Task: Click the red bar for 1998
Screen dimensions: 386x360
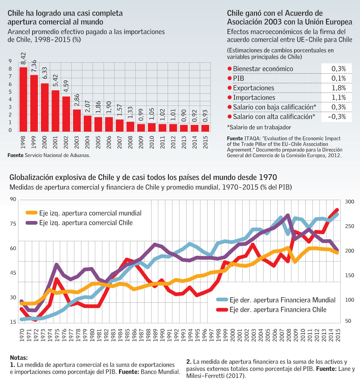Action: coord(23,99)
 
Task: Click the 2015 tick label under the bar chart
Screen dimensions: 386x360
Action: coord(205,142)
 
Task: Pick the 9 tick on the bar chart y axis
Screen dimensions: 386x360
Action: coord(10,61)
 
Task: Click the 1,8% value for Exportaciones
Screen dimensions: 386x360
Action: coord(338,88)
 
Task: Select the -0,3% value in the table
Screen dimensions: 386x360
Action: coord(337,117)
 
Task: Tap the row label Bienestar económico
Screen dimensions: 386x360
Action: coord(263,69)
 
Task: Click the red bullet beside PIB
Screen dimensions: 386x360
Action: coord(229,78)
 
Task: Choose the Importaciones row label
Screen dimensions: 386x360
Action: coord(254,97)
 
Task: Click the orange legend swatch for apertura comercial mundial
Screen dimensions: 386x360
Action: coord(32,213)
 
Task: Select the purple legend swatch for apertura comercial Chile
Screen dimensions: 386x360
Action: coord(32,223)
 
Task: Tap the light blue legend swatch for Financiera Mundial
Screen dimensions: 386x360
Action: coord(222,300)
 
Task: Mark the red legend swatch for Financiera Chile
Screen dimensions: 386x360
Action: coord(222,309)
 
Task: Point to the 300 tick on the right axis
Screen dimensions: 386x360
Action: coord(349,202)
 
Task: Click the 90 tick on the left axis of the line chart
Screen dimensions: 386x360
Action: coord(13,199)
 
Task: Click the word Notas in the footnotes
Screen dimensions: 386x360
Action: coord(19,358)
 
